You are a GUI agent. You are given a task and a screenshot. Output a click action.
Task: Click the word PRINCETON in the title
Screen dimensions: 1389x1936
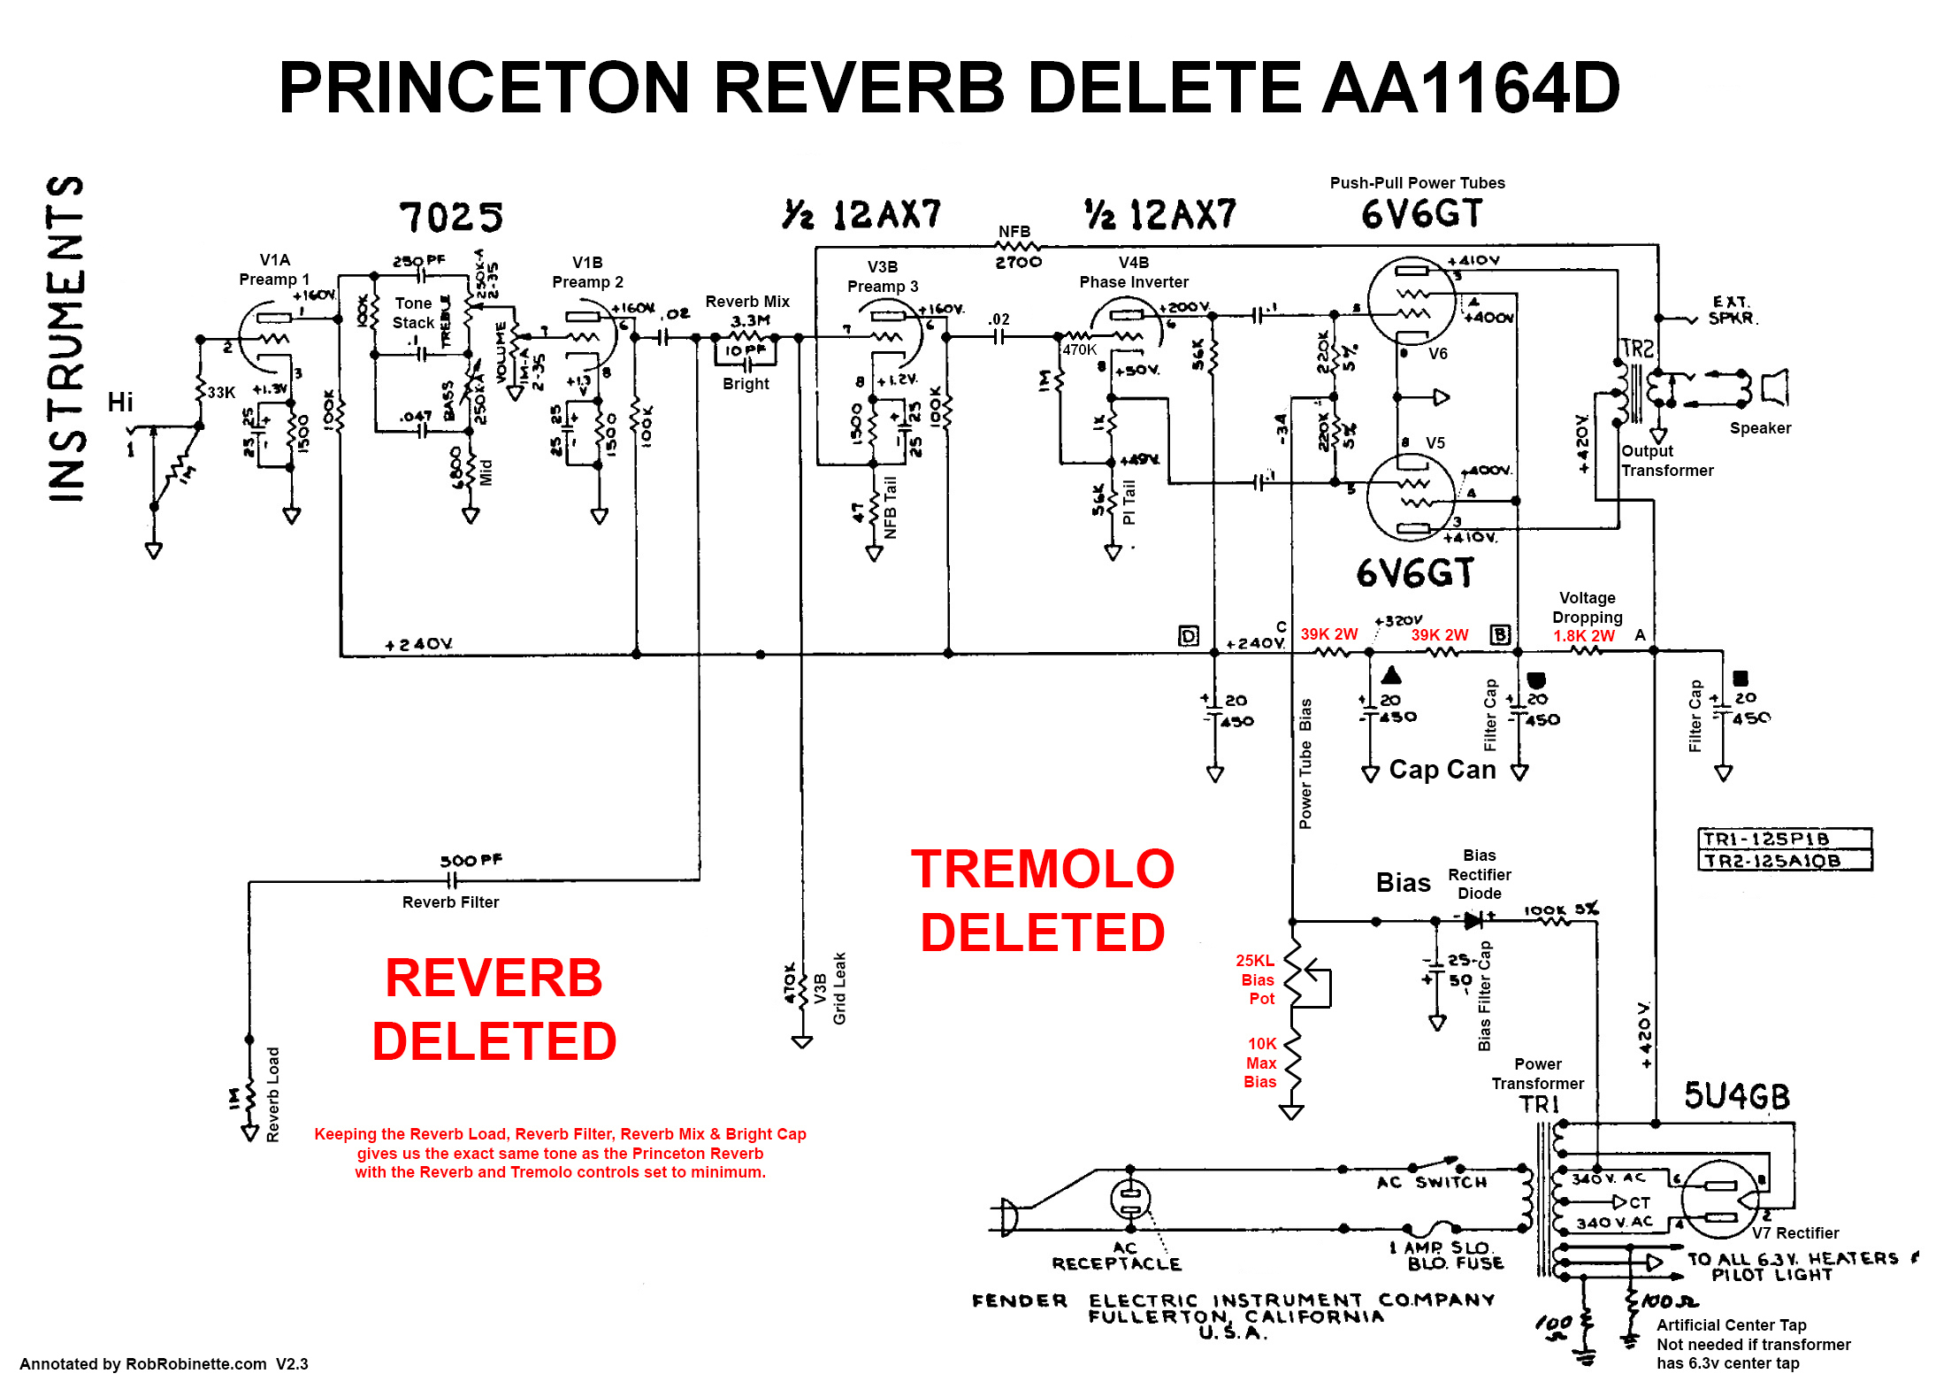pyautogui.click(x=483, y=88)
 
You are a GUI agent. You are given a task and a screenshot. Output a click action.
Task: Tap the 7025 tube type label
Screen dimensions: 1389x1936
pyautogui.click(x=451, y=217)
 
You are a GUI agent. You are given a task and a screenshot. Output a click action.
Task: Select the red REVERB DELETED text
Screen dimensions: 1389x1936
pyautogui.click(x=494, y=1009)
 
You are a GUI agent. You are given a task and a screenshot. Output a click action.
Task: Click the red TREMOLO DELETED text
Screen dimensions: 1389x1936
pyautogui.click(x=1043, y=901)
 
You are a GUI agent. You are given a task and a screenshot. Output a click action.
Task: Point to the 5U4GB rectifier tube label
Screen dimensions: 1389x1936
pyautogui.click(x=1736, y=1096)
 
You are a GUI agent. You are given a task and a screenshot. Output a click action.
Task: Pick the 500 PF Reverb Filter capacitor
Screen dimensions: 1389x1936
pyautogui.click(x=453, y=879)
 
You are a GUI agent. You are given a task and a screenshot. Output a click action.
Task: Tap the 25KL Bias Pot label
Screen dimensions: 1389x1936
pyautogui.click(x=1256, y=979)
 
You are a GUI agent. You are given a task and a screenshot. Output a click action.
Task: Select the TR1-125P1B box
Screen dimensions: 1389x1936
pyautogui.click(x=1785, y=838)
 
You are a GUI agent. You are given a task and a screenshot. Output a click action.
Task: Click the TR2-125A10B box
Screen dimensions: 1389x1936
pyautogui.click(x=1785, y=860)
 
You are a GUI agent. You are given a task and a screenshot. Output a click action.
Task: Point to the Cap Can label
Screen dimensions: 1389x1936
pyautogui.click(x=1442, y=770)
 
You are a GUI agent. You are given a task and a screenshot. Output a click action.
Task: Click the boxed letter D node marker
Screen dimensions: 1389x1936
pyautogui.click(x=1189, y=635)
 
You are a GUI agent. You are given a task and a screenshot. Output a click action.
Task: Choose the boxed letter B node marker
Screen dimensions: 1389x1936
pyautogui.click(x=1500, y=634)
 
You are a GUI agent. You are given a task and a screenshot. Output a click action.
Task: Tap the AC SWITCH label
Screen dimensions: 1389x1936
pyautogui.click(x=1432, y=1182)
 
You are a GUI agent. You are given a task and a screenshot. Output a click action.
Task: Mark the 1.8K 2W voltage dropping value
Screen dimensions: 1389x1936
pyautogui.click(x=1583, y=636)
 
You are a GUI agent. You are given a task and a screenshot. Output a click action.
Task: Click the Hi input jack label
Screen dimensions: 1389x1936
pyautogui.click(x=120, y=403)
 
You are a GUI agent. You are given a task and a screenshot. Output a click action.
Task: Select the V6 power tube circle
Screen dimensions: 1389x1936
pyautogui.click(x=1412, y=301)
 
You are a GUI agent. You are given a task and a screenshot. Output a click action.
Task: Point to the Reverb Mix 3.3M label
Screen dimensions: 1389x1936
pyautogui.click(x=748, y=311)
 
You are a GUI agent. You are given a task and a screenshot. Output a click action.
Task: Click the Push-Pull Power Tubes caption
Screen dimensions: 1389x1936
pyautogui.click(x=1417, y=183)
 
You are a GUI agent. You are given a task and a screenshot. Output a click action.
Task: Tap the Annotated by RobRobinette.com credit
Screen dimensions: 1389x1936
pyautogui.click(x=164, y=1363)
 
